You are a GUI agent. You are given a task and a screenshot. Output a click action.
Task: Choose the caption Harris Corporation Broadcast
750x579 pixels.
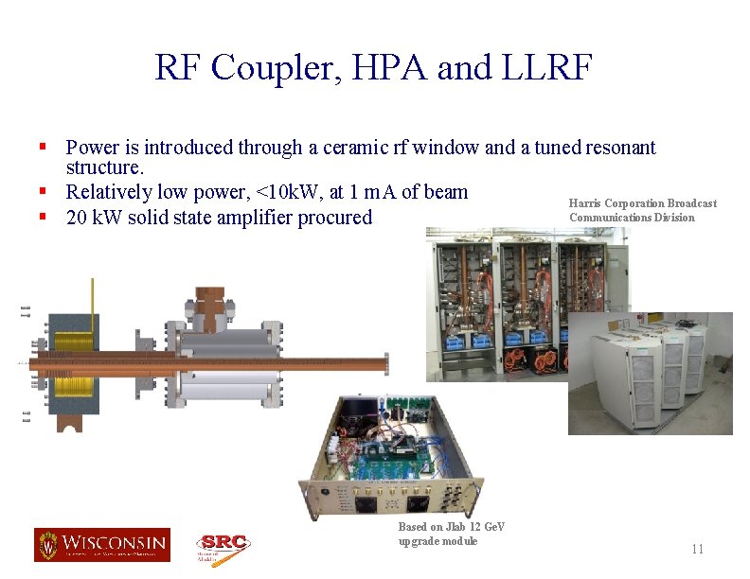pos(642,203)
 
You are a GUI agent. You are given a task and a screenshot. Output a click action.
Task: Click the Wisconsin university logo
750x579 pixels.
pos(102,545)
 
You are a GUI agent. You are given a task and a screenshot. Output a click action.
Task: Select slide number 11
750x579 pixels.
pos(698,550)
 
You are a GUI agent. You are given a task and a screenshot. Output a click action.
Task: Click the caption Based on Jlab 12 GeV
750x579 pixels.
pos(452,527)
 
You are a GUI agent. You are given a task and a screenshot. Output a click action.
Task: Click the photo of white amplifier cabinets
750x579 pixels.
pos(651,373)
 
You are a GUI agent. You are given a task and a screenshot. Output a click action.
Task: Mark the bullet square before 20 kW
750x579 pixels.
pos(44,217)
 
